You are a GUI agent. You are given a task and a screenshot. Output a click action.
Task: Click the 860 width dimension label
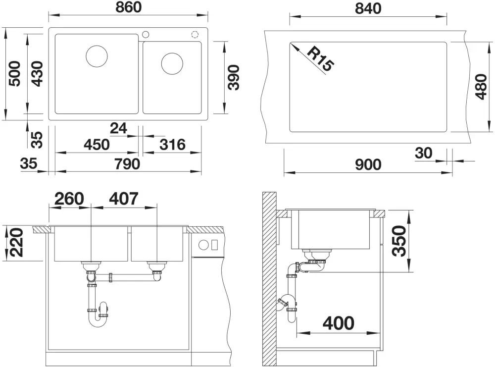(x=129, y=7)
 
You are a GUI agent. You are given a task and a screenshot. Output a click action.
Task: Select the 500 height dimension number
(x=14, y=74)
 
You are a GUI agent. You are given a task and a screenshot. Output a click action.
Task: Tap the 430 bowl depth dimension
(x=37, y=74)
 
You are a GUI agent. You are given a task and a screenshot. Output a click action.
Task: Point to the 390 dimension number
(x=234, y=77)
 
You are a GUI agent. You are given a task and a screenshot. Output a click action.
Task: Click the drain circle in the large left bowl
(x=97, y=56)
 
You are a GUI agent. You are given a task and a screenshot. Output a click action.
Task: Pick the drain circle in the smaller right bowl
(x=172, y=63)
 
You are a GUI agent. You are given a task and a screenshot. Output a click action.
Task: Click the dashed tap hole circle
(x=195, y=34)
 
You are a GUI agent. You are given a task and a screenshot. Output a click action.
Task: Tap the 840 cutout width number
(x=368, y=8)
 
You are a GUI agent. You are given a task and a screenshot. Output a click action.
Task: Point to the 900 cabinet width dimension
(x=368, y=164)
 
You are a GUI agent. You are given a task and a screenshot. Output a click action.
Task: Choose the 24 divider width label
(x=118, y=128)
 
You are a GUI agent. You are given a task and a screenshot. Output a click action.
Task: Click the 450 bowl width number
(x=97, y=145)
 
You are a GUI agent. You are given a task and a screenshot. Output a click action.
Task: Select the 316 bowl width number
(x=172, y=145)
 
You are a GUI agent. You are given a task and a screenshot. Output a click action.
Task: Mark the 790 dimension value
(x=127, y=164)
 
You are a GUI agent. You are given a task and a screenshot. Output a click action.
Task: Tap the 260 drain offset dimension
(x=69, y=199)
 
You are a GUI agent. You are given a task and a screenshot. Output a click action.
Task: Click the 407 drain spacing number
(x=123, y=199)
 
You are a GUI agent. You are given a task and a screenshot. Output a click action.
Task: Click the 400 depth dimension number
(x=339, y=323)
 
